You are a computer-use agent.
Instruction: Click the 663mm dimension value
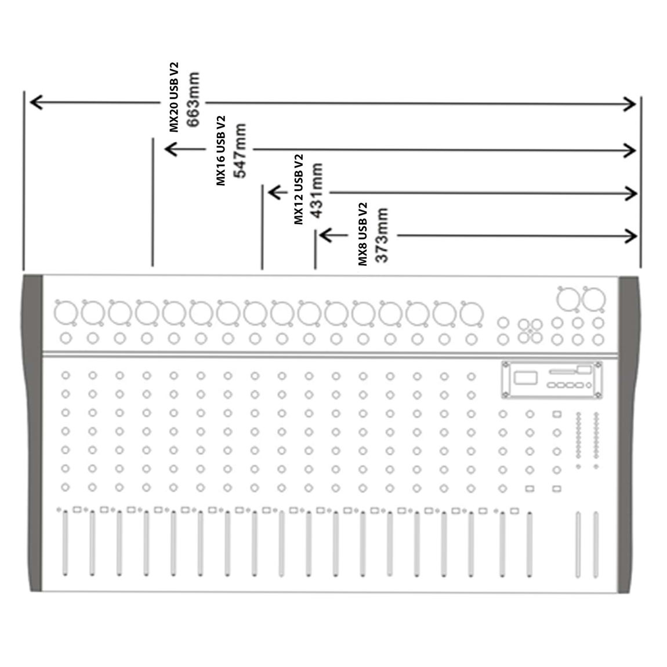click(x=193, y=100)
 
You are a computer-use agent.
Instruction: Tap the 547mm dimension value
click(x=240, y=151)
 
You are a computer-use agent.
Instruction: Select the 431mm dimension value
click(x=317, y=191)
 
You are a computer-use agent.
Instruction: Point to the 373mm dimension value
click(x=382, y=235)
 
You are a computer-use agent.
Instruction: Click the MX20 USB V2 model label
click(x=174, y=97)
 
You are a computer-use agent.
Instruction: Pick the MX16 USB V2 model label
click(x=221, y=151)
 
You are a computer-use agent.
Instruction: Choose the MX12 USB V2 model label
click(x=299, y=189)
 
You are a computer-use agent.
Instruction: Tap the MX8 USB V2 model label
click(x=362, y=234)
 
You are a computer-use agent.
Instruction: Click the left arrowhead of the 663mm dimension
click(x=36, y=102)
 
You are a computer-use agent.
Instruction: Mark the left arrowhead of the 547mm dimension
click(x=171, y=149)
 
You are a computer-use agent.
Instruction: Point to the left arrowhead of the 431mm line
click(x=274, y=192)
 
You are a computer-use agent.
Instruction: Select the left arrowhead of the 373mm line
click(x=325, y=235)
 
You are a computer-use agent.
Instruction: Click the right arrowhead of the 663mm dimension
click(x=630, y=104)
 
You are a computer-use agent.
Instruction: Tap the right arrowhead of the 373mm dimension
click(x=631, y=236)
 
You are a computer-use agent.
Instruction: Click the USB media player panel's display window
click(x=526, y=378)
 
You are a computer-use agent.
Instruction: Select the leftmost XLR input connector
click(x=66, y=313)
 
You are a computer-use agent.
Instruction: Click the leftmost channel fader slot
click(x=65, y=543)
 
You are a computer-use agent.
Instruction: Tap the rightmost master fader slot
click(x=596, y=545)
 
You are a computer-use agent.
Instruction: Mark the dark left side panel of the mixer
click(x=33, y=433)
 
